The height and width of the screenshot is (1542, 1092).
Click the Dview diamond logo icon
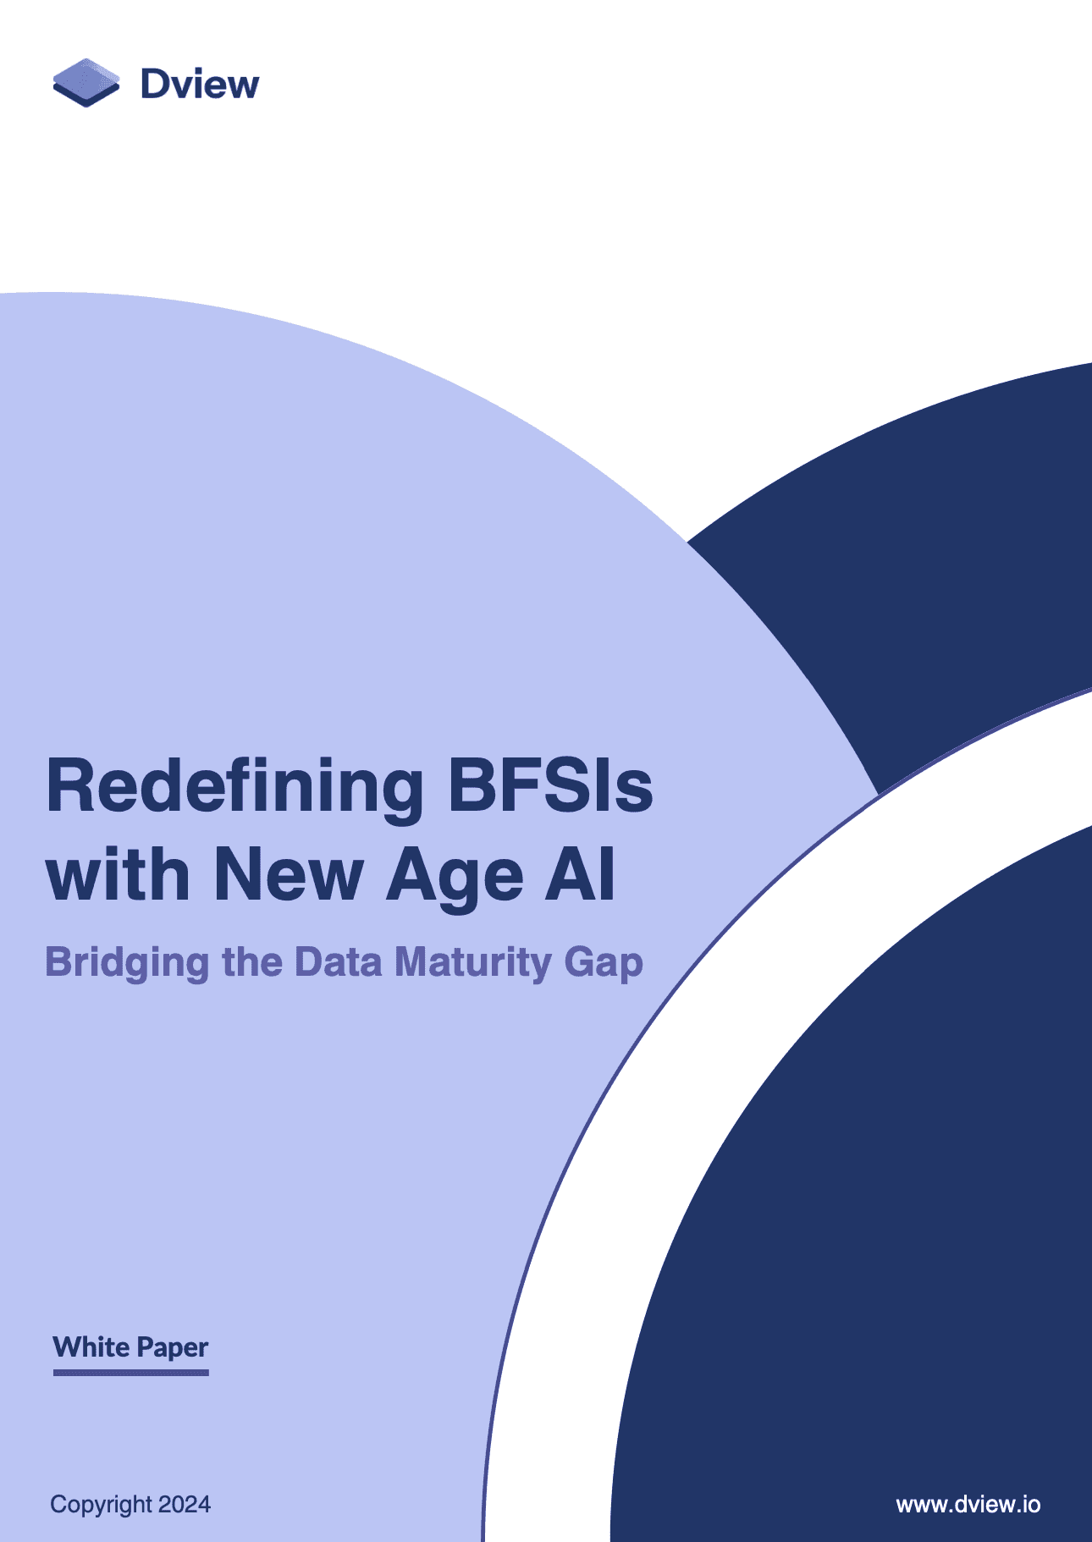pos(85,83)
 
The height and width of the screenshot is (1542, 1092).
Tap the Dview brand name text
pos(200,84)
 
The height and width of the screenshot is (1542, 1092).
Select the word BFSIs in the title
pos(550,785)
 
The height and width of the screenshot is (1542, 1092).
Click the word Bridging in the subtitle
pos(127,964)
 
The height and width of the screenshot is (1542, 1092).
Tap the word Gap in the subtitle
pos(604,965)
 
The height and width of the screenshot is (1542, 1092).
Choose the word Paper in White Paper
pos(173,1348)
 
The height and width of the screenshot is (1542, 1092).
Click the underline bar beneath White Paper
pos(131,1372)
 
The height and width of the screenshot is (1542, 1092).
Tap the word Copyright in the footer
pos(101,1505)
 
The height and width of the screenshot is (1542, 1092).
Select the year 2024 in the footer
pos(185,1504)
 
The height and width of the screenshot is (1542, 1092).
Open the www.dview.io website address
pos(968,1504)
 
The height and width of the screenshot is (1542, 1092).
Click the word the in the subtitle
pos(251,962)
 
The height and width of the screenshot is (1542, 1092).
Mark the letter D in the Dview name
pos(157,84)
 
